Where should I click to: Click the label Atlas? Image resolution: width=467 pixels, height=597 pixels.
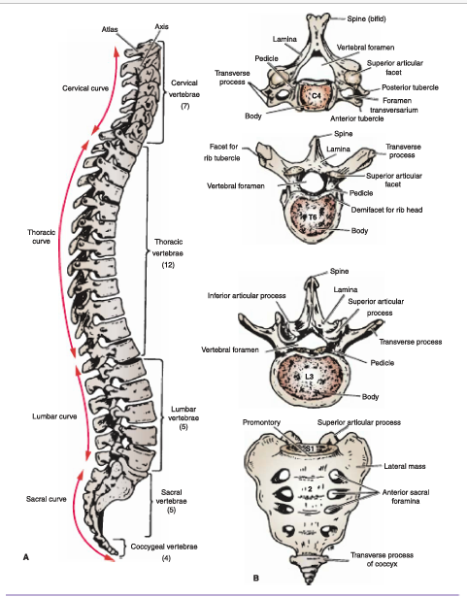(110, 29)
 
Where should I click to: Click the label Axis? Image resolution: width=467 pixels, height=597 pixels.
(161, 26)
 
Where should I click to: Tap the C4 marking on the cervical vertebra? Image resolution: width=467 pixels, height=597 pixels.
(317, 95)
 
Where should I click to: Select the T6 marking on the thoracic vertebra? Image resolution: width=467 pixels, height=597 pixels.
(313, 217)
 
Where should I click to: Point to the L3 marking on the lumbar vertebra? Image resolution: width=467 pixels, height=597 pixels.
(310, 377)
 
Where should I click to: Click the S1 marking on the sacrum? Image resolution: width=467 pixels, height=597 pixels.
(311, 448)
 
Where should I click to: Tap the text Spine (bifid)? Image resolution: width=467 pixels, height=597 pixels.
(366, 18)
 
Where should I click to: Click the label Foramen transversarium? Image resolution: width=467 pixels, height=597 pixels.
(394, 106)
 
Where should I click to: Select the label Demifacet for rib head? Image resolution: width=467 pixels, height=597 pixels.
(386, 210)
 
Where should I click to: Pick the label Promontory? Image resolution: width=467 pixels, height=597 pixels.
(261, 422)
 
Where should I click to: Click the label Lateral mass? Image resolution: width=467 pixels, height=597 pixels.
(405, 466)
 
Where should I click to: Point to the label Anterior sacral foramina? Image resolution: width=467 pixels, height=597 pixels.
(406, 496)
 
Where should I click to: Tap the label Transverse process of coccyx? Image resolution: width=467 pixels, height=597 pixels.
(382, 559)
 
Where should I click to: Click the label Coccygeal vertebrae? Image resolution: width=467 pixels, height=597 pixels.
(164, 547)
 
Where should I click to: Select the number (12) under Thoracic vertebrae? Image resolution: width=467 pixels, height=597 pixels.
(168, 265)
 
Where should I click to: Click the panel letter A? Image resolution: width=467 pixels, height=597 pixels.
(26, 557)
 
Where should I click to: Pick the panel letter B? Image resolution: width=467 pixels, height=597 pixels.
(256, 578)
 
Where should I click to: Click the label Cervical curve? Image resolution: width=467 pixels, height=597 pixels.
(85, 88)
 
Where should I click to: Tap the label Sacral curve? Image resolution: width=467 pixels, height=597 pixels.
(46, 499)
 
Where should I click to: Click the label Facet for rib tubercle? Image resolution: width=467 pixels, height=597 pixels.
(223, 151)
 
